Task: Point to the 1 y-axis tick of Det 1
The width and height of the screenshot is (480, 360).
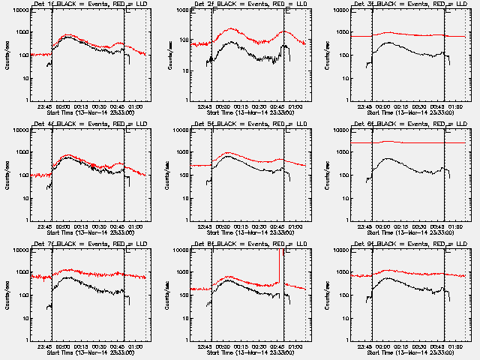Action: coord(24,100)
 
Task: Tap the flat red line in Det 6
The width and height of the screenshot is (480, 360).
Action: coord(405,142)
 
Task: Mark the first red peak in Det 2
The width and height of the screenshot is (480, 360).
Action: coord(231,29)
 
